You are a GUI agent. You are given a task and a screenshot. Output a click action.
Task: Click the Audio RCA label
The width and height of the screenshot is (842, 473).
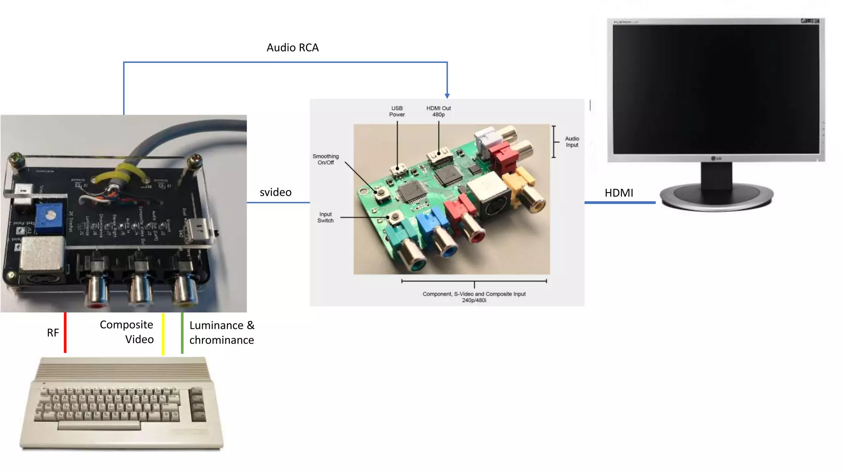[x=292, y=48]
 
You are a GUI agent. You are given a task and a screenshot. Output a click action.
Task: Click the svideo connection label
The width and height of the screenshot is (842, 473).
[x=275, y=192]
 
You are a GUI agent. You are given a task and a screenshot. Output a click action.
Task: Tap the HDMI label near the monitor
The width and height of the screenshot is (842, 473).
[x=618, y=193]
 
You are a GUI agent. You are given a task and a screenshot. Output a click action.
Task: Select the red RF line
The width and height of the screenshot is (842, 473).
[x=65, y=333]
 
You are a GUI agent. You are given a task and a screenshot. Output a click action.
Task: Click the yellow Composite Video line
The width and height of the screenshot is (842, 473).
[x=163, y=333]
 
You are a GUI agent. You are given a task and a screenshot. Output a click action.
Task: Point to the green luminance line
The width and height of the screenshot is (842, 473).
[x=182, y=333]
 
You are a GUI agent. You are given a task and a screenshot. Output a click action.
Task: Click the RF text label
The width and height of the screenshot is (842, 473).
[x=53, y=333]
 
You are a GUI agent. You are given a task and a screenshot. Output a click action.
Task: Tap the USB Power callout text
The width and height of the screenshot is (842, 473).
[x=397, y=111]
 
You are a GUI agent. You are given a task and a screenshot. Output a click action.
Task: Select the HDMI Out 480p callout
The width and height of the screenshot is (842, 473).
[x=438, y=111]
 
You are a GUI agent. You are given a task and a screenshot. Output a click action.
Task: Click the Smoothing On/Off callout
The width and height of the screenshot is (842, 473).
[x=326, y=159]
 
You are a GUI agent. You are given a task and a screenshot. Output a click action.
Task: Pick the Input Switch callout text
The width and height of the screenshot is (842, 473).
[x=325, y=217]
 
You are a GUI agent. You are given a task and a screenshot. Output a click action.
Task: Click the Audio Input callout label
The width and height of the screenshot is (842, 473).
[x=572, y=142]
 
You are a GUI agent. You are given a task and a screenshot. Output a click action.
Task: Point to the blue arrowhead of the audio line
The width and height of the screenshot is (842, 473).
[x=447, y=96]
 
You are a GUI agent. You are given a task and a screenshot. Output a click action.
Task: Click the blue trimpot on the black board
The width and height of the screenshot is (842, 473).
[x=49, y=216]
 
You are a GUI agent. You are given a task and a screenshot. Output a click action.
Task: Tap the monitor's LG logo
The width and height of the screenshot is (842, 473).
[x=716, y=158]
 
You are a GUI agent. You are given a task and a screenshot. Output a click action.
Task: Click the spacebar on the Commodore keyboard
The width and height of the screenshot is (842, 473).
[x=99, y=426]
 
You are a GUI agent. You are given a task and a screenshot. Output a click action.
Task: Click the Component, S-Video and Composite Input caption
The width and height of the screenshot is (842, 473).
[x=474, y=297]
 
